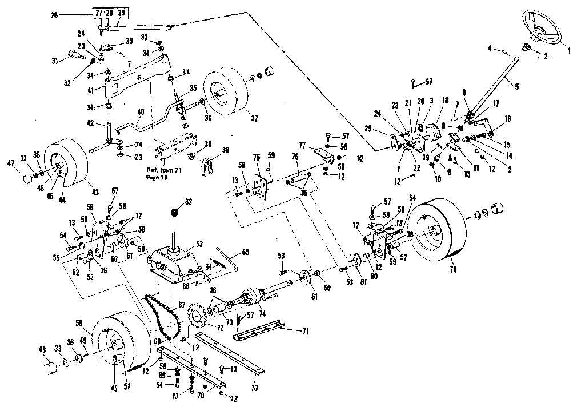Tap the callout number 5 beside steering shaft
[516, 87]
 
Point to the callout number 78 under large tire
[453, 269]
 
